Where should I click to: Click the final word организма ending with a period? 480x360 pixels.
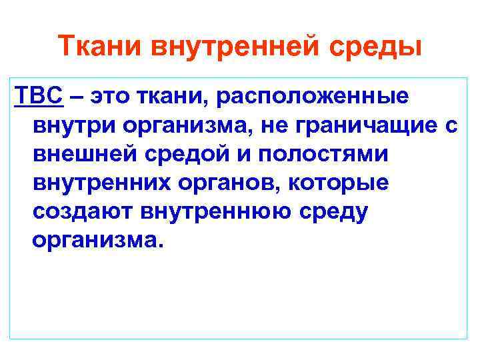tap(97, 241)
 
